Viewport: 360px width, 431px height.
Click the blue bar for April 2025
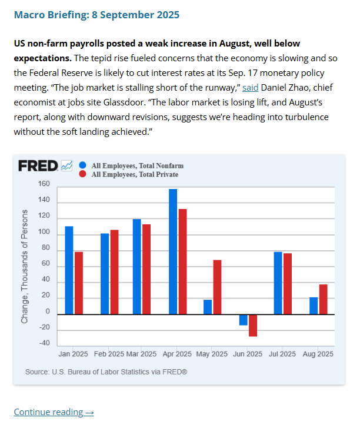[x=173, y=251]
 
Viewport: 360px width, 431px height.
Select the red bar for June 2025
[x=253, y=325]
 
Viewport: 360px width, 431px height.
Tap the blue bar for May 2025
[x=208, y=307]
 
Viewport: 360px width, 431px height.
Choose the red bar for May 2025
[x=217, y=287]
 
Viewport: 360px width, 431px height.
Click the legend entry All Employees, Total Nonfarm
[x=133, y=166]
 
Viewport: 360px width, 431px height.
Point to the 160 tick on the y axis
[x=44, y=184]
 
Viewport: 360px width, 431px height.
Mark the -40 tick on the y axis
[x=44, y=343]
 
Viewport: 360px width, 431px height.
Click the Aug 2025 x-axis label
[x=318, y=354]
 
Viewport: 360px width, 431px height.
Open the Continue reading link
[x=54, y=412]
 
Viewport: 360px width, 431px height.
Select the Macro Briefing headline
[x=96, y=14]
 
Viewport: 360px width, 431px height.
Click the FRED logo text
[x=38, y=166]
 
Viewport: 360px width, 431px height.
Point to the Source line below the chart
[x=106, y=372]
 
